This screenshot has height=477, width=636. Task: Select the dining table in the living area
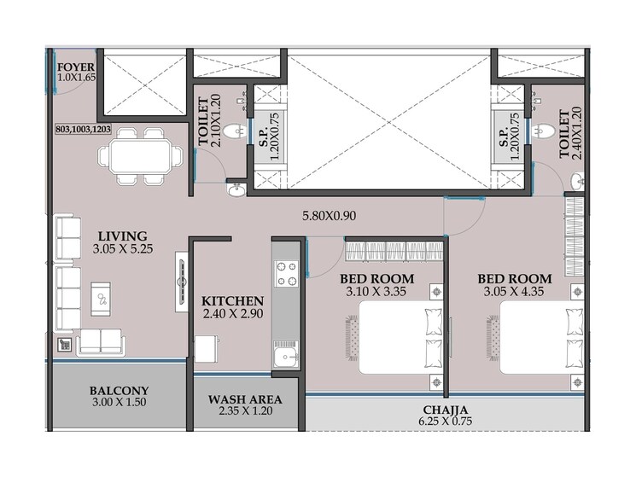(x=140, y=156)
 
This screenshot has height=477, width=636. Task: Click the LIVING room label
(x=122, y=236)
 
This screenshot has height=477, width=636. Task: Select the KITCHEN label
(x=232, y=301)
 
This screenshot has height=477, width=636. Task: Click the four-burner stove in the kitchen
(x=285, y=272)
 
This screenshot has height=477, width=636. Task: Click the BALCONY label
(x=119, y=392)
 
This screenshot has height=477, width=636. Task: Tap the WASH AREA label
(x=245, y=398)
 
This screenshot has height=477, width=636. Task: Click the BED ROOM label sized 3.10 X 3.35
(x=376, y=279)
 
